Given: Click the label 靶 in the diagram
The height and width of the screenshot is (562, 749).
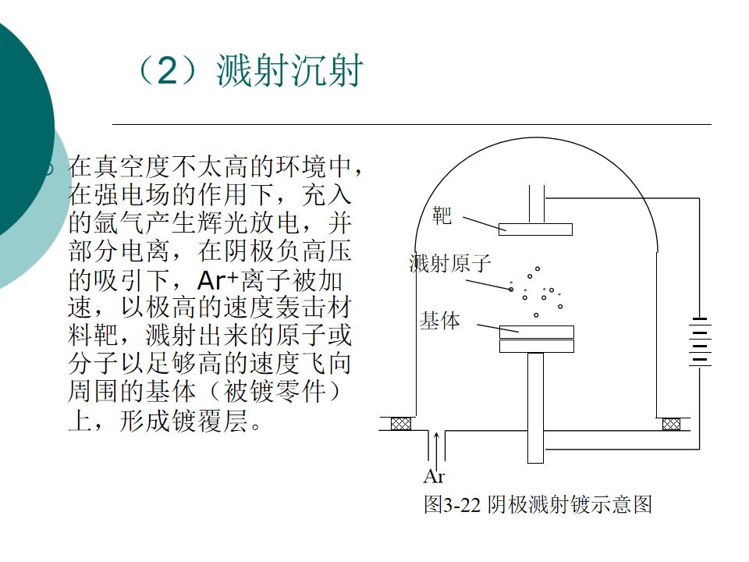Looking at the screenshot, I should tap(442, 215).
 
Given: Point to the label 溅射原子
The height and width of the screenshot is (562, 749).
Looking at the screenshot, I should tap(450, 263).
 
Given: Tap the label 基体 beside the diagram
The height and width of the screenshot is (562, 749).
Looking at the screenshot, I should tap(440, 320).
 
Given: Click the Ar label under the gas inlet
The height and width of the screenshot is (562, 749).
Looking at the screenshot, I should tap(434, 475).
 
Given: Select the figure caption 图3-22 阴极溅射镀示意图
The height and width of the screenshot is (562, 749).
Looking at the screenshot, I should tap(537, 504).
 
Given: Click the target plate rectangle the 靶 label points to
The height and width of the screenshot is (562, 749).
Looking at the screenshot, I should tap(535, 229).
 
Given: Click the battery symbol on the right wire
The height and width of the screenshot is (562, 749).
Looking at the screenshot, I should tap(700, 343).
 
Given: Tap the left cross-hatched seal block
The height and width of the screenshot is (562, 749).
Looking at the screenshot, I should tap(400, 424).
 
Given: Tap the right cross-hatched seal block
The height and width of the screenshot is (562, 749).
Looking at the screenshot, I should tap(671, 424).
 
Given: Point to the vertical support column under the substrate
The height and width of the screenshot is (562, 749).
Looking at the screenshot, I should tap(535, 406).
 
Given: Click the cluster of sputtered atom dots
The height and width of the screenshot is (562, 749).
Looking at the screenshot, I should tap(540, 293).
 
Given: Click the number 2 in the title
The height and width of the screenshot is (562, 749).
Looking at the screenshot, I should tap(169, 73).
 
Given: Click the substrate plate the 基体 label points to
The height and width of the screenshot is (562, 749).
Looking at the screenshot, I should tap(536, 332).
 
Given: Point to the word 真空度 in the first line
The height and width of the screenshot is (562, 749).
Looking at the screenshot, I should tap(133, 167).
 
